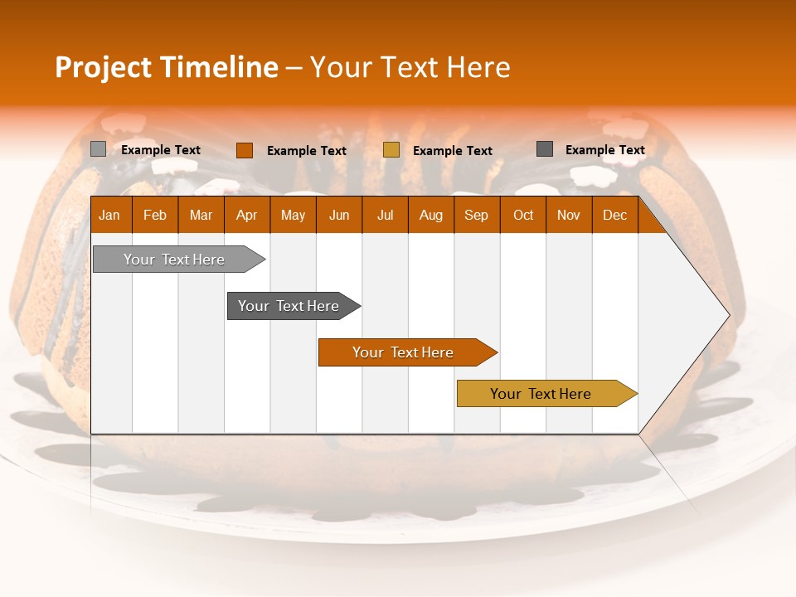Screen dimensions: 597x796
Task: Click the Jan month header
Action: click(110, 215)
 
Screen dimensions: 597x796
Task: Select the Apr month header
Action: click(247, 215)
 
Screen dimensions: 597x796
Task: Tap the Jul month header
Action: click(385, 215)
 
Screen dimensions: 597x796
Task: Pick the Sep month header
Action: click(477, 215)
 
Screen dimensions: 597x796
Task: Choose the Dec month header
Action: click(614, 215)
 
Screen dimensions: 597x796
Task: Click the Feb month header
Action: click(155, 215)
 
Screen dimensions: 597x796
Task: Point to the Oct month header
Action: click(523, 215)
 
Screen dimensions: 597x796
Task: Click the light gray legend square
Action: click(98, 149)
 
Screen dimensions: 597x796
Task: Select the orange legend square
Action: click(244, 150)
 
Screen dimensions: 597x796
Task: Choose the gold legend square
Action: click(391, 150)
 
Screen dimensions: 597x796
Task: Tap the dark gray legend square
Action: click(544, 149)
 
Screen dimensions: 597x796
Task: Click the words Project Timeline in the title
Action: click(166, 67)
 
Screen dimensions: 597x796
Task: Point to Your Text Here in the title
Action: click(410, 67)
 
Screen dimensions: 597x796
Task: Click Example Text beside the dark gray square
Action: click(604, 150)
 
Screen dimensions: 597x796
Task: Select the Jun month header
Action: click(339, 215)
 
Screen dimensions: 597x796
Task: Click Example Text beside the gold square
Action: click(452, 151)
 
